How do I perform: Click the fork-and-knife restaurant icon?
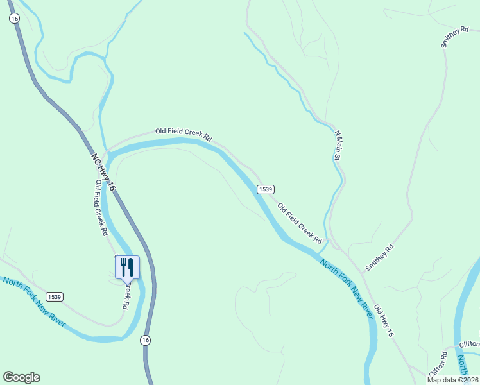[x=127, y=267]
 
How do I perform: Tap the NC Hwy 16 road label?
[x=103, y=171]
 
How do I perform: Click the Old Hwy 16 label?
[x=383, y=321]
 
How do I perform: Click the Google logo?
[x=21, y=377]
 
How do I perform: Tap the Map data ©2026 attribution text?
[x=452, y=380]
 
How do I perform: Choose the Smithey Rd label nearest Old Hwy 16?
[x=379, y=257]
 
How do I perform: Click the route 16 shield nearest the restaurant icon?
[x=146, y=340]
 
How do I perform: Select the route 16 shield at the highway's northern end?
[x=14, y=19]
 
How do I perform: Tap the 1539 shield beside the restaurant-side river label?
[x=54, y=296]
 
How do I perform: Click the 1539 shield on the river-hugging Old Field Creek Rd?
[x=266, y=189]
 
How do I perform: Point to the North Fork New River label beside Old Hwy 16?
[x=346, y=289]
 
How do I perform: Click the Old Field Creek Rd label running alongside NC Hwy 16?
[x=101, y=208]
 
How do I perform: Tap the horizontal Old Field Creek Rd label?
[x=184, y=133]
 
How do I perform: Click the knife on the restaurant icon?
[x=130, y=266]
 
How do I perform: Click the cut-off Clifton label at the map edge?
[x=469, y=344]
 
